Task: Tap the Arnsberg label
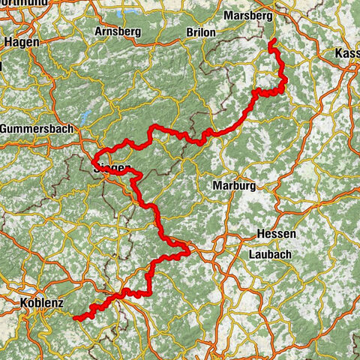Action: [x=118, y=32]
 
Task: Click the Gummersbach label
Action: [x=37, y=129]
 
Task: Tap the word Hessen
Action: [x=276, y=234]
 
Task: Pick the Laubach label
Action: [x=270, y=255]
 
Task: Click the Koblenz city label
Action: [x=40, y=302]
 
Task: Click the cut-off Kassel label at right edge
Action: [x=349, y=54]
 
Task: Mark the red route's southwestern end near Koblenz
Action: [x=75, y=318]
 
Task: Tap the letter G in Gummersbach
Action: [x=5, y=129]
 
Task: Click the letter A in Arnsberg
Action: [x=99, y=32]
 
